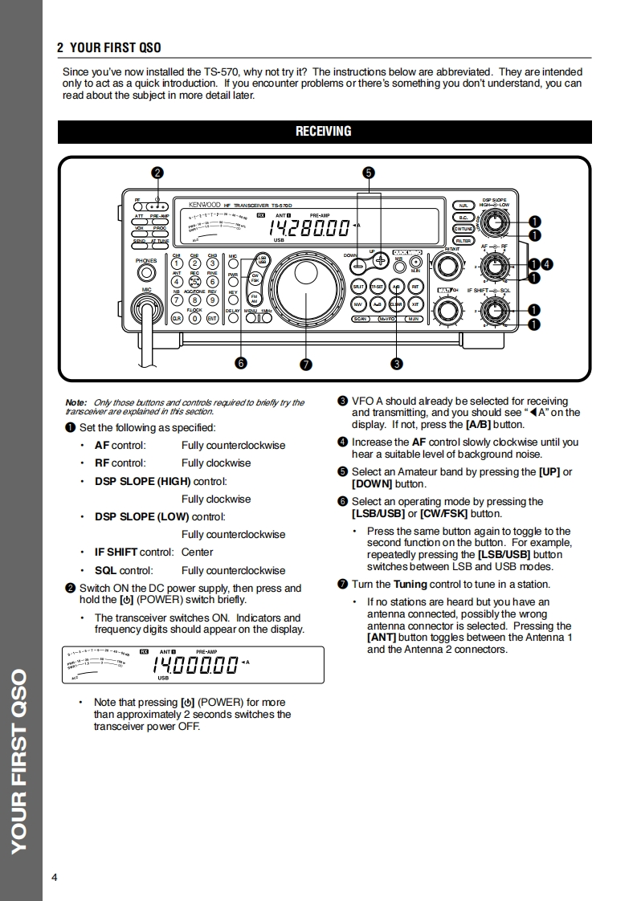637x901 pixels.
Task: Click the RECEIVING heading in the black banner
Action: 324,132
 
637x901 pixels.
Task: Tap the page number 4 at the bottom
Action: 55,877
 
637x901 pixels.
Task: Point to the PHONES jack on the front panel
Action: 145,273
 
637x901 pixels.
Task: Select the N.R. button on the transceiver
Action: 463,206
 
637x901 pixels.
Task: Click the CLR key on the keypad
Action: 176,318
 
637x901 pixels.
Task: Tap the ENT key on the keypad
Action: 212,318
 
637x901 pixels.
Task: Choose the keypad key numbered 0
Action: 194,318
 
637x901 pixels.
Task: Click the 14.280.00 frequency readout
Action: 309,227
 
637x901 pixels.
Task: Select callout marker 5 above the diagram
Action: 368,172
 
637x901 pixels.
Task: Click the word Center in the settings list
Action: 197,552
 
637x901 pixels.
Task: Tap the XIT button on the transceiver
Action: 415,305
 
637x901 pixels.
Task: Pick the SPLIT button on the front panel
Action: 359,286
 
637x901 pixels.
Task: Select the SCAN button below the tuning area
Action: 361,320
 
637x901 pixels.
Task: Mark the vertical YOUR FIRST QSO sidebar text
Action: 19,759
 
